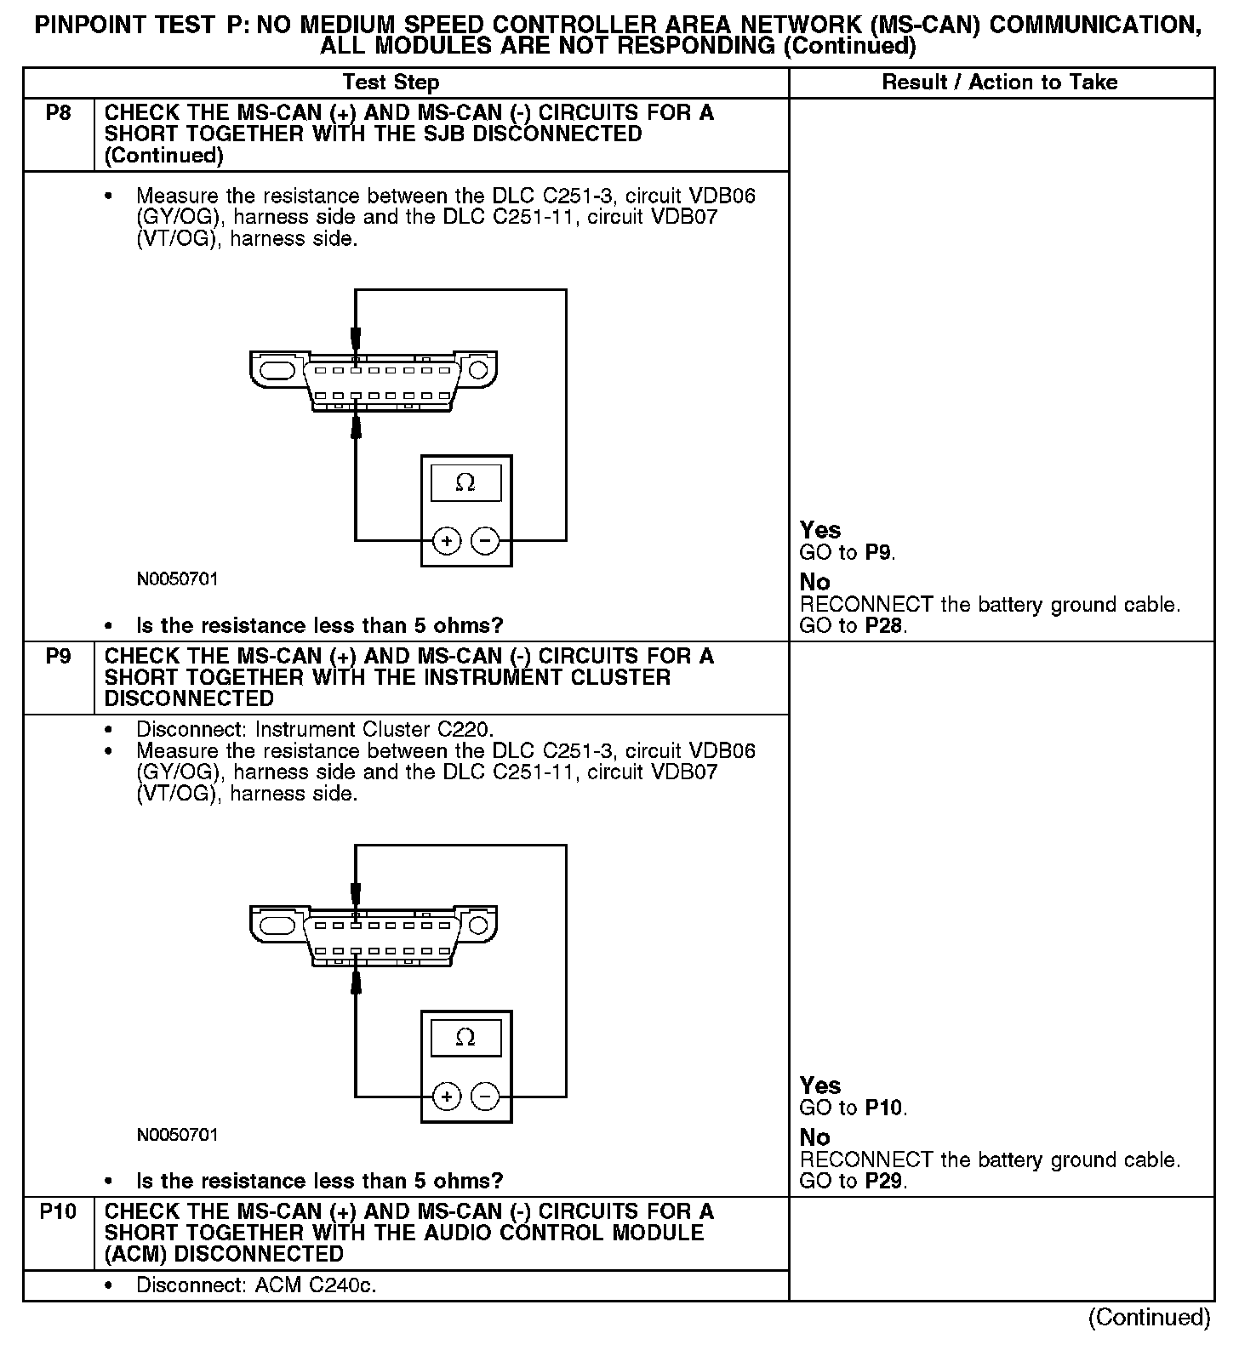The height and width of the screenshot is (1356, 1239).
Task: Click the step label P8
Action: pyautogui.click(x=58, y=112)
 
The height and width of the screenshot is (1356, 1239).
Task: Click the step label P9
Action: pyautogui.click(x=58, y=656)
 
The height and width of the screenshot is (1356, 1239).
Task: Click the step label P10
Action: pyautogui.click(x=58, y=1211)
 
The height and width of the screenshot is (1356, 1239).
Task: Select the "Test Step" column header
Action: pyautogui.click(x=391, y=83)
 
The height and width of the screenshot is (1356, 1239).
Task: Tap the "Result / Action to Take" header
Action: pyautogui.click(x=1000, y=83)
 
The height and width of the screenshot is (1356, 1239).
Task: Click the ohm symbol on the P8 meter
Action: pyautogui.click(x=465, y=483)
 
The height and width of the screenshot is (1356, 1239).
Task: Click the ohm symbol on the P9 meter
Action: pyautogui.click(x=465, y=1038)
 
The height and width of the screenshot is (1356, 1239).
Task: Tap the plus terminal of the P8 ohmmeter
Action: pyautogui.click(x=447, y=540)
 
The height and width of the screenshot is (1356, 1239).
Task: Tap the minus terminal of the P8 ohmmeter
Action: pyautogui.click(x=485, y=540)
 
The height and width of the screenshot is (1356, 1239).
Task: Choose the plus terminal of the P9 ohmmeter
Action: pyautogui.click(x=447, y=1096)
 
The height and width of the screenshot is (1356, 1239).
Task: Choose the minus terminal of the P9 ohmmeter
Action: pyautogui.click(x=485, y=1096)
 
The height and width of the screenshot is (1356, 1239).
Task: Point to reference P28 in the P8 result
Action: pyautogui.click(x=885, y=626)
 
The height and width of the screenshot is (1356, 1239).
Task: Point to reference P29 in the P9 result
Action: pyautogui.click(x=885, y=1181)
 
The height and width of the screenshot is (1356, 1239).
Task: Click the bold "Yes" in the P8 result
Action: pyautogui.click(x=820, y=530)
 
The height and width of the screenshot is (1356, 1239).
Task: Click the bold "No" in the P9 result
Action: pyautogui.click(x=814, y=1137)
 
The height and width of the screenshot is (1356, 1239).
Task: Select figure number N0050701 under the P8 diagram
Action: pyautogui.click(x=177, y=579)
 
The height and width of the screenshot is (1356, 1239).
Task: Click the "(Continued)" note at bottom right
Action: pyautogui.click(x=1149, y=1318)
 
